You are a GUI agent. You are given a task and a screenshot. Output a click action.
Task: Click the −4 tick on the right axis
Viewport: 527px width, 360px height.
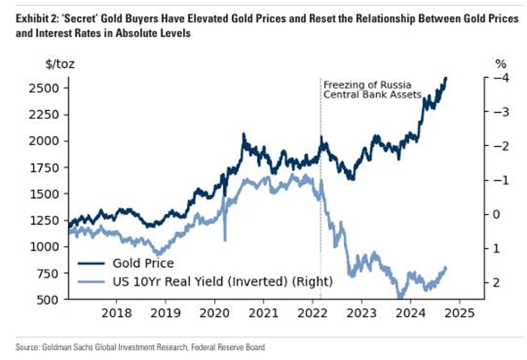click(x=497, y=78)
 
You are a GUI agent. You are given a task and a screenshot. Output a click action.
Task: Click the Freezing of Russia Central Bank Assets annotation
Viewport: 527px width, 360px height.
click(x=372, y=90)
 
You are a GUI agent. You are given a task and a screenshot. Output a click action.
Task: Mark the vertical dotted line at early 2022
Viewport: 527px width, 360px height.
click(x=321, y=187)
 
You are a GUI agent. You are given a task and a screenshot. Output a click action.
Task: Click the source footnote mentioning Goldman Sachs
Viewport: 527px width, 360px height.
click(x=140, y=347)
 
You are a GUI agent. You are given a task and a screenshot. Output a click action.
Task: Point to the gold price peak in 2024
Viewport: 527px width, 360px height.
click(x=446, y=78)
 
